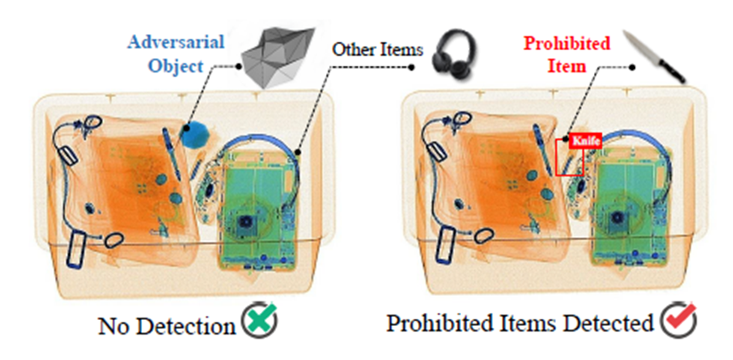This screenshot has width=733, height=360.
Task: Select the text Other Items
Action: pos(378,50)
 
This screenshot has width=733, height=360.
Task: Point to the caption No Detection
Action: pos(166,325)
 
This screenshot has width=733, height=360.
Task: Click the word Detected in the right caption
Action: pos(612,324)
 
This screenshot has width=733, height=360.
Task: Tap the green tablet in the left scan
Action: pos(259,209)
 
